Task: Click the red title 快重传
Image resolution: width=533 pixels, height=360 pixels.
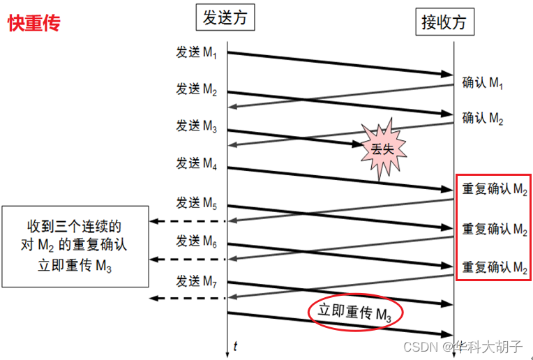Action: pyautogui.click(x=33, y=23)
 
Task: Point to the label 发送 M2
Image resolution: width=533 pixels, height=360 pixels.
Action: pyautogui.click(x=197, y=90)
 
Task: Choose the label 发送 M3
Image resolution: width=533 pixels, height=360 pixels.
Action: pyautogui.click(x=197, y=126)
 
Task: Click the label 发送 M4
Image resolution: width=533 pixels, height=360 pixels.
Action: pyautogui.click(x=197, y=164)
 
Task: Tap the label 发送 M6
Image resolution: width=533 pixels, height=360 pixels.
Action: pyautogui.click(x=197, y=241)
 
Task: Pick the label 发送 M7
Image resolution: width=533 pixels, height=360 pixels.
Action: pyautogui.click(x=197, y=281)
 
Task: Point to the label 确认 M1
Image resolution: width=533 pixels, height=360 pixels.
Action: pyautogui.click(x=483, y=83)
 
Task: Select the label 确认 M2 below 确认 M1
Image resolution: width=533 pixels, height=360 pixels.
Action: pyautogui.click(x=483, y=118)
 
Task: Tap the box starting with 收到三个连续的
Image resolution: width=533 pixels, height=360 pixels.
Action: pyautogui.click(x=75, y=246)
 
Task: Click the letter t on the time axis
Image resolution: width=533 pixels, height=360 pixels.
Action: pyautogui.click(x=235, y=345)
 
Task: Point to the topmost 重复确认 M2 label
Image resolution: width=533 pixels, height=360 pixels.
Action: pyautogui.click(x=494, y=189)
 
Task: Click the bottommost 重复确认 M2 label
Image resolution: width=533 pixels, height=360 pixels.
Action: pyautogui.click(x=494, y=267)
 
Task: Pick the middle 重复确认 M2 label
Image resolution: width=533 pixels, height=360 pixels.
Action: pyautogui.click(x=494, y=228)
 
